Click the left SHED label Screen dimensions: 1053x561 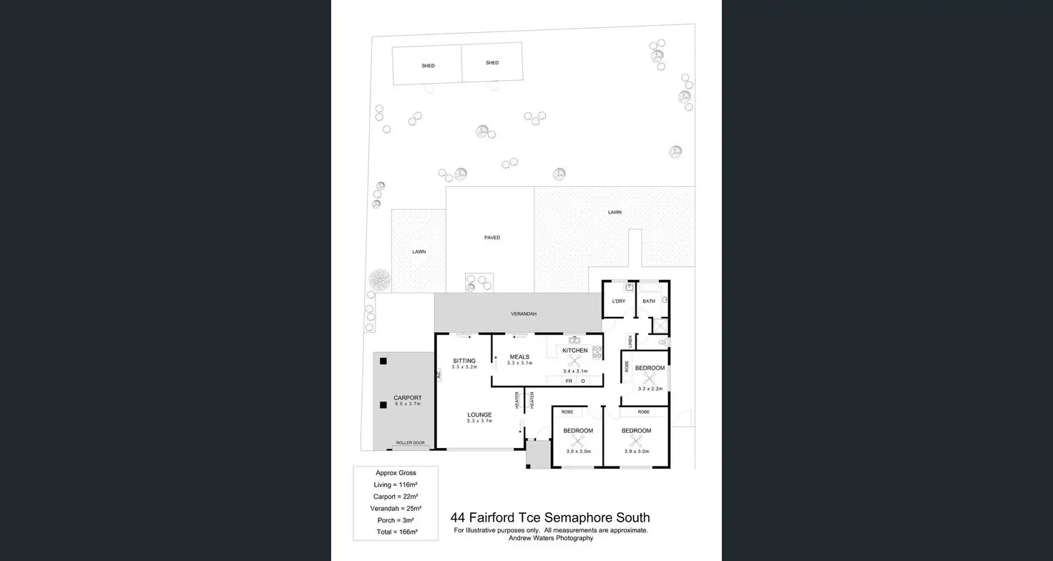click(x=428, y=66)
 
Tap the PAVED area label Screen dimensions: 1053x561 click(x=492, y=238)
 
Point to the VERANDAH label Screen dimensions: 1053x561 click(x=524, y=314)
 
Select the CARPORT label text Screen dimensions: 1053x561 click(x=408, y=398)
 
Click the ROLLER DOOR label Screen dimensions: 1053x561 click(x=411, y=443)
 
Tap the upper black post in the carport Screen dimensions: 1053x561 click(x=384, y=361)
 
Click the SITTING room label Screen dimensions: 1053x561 click(x=464, y=361)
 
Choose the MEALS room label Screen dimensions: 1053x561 click(x=519, y=357)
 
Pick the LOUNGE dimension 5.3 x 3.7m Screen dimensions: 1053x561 click(x=480, y=421)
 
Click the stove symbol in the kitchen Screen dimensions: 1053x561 click(x=597, y=352)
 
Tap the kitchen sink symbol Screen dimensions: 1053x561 click(x=574, y=340)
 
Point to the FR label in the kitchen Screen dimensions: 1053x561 click(x=569, y=381)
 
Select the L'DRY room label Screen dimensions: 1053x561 click(x=619, y=301)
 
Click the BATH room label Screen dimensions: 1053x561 click(x=649, y=301)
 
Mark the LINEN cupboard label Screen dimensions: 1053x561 click(x=630, y=342)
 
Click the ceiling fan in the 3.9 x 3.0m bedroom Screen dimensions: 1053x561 click(x=636, y=441)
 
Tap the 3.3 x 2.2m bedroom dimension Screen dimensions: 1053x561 click(x=650, y=389)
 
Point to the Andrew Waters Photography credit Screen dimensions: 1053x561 click(x=551, y=538)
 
